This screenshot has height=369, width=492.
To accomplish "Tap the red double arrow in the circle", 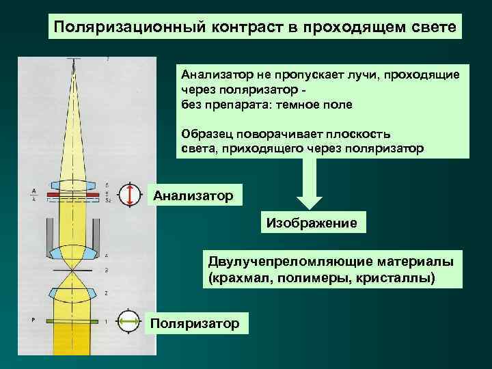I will (129, 195).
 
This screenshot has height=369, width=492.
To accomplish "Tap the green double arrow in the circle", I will (128, 320).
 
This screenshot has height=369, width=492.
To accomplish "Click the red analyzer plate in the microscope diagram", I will (73, 193).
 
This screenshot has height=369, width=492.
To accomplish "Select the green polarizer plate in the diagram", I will (73, 320).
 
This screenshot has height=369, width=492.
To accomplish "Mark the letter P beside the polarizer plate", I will (33, 319).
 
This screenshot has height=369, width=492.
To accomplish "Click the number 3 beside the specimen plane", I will (107, 271).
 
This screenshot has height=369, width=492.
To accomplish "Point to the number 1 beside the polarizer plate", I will (107, 320).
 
